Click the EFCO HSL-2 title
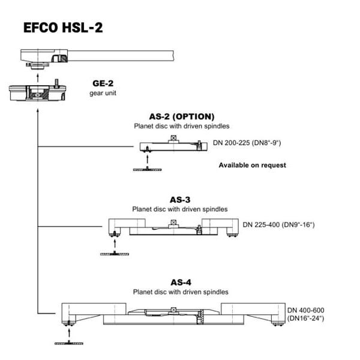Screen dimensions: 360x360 coord(63,28)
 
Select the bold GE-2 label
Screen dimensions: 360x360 coord(103,83)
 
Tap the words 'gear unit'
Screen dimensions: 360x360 coord(103,93)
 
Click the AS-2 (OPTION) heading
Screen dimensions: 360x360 coord(182,116)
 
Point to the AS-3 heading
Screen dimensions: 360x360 coord(180,200)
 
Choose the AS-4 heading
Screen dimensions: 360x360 coord(181,283)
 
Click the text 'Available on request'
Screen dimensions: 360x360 coord(253,165)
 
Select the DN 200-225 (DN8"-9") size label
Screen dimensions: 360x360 coord(247,143)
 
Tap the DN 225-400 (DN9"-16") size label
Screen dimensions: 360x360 coord(278,224)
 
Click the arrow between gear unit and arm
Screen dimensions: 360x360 coord(38,77)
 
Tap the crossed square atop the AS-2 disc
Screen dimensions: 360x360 coord(174,138)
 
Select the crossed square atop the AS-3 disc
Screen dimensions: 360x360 coord(174,222)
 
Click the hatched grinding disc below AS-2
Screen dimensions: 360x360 coord(147,169)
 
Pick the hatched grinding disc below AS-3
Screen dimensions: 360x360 coord(115,254)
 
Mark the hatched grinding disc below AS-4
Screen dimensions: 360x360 coord(69,343)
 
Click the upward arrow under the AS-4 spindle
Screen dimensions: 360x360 coord(69,332)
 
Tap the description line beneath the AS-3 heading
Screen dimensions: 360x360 coord(180,209)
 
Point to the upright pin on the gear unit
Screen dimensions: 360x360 coord(56,83)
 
